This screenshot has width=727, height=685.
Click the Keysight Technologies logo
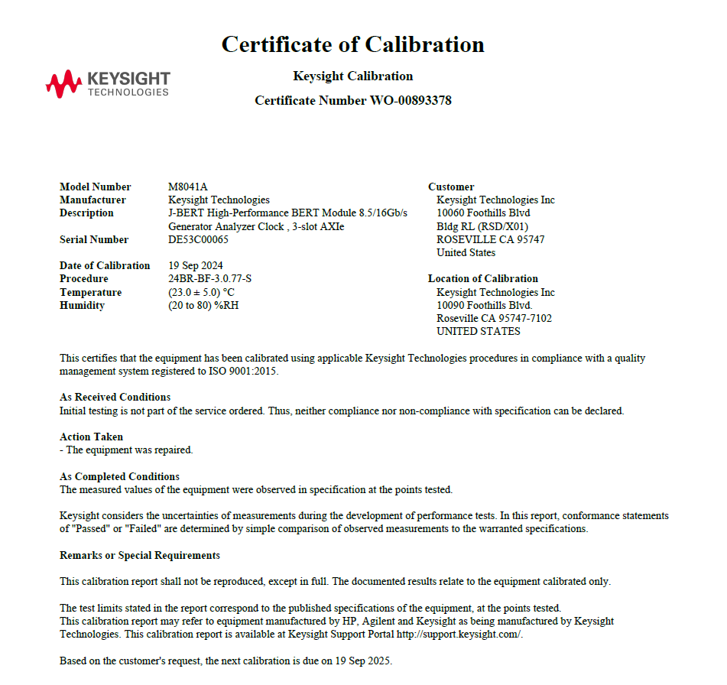point(108,83)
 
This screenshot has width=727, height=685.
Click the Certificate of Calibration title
point(352,44)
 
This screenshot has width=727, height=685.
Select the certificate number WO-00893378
point(411,100)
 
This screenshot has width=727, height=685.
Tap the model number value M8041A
point(188,187)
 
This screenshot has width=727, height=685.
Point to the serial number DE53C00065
point(198,239)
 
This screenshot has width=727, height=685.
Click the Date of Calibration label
point(105,265)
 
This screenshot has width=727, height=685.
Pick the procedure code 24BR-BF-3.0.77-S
point(209,278)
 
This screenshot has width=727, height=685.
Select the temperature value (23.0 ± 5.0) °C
point(201,292)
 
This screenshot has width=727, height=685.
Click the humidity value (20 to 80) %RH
point(200,305)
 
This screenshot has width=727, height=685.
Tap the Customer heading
point(451,187)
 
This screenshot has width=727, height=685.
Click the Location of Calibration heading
point(483,278)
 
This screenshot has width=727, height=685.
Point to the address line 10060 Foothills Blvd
point(483,213)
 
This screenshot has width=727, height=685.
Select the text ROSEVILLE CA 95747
point(490,239)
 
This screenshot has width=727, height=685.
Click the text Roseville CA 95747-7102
point(494,318)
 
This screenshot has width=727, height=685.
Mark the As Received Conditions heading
point(115,397)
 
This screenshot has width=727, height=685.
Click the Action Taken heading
point(92,437)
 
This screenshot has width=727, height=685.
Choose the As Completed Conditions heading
point(120,476)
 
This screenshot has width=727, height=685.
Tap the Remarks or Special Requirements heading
point(140,555)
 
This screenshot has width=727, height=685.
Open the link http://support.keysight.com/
point(459,635)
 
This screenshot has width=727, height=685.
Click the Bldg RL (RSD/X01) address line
point(482,226)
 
